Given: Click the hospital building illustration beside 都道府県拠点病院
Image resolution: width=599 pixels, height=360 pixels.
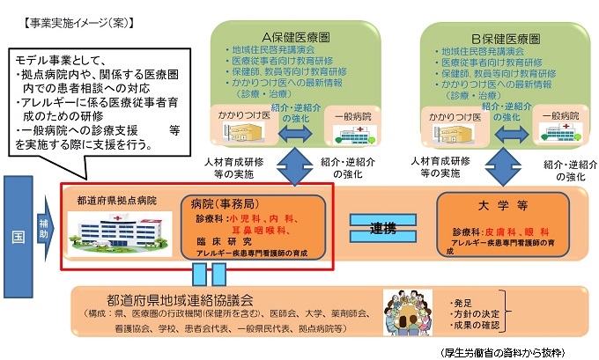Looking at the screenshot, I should point(103,233).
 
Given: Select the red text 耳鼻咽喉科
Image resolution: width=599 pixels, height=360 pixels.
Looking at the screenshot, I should point(262,228).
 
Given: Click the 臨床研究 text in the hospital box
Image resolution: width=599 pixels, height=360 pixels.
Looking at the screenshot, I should point(223,240).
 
